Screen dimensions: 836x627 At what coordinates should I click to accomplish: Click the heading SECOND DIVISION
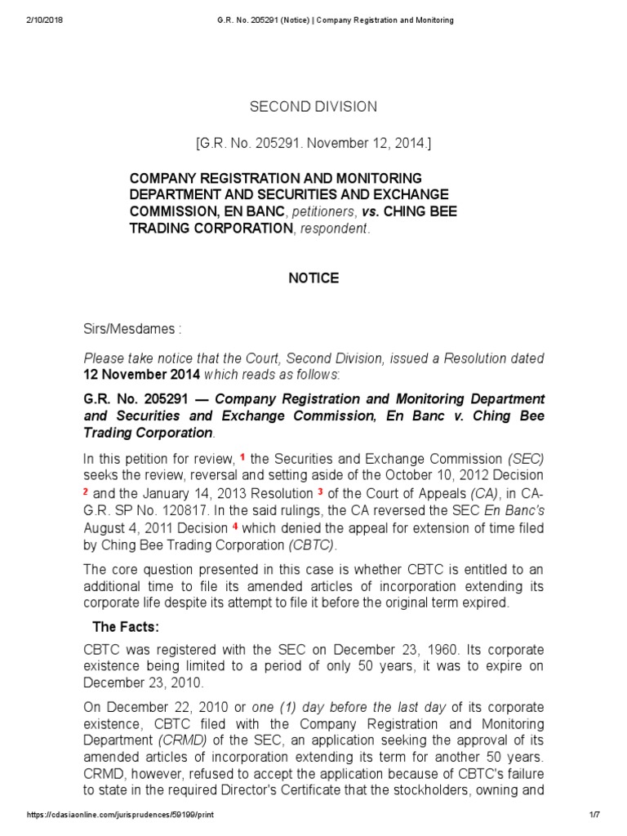tap(313, 106)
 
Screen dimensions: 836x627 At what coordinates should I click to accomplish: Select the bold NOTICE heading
tap(313, 278)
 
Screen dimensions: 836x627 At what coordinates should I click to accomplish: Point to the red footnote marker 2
tap(86, 491)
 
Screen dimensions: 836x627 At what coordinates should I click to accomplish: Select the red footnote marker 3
tap(321, 491)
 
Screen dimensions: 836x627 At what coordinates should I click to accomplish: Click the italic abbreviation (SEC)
tap(525, 459)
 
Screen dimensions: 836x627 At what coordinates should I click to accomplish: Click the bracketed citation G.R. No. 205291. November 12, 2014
tap(313, 144)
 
